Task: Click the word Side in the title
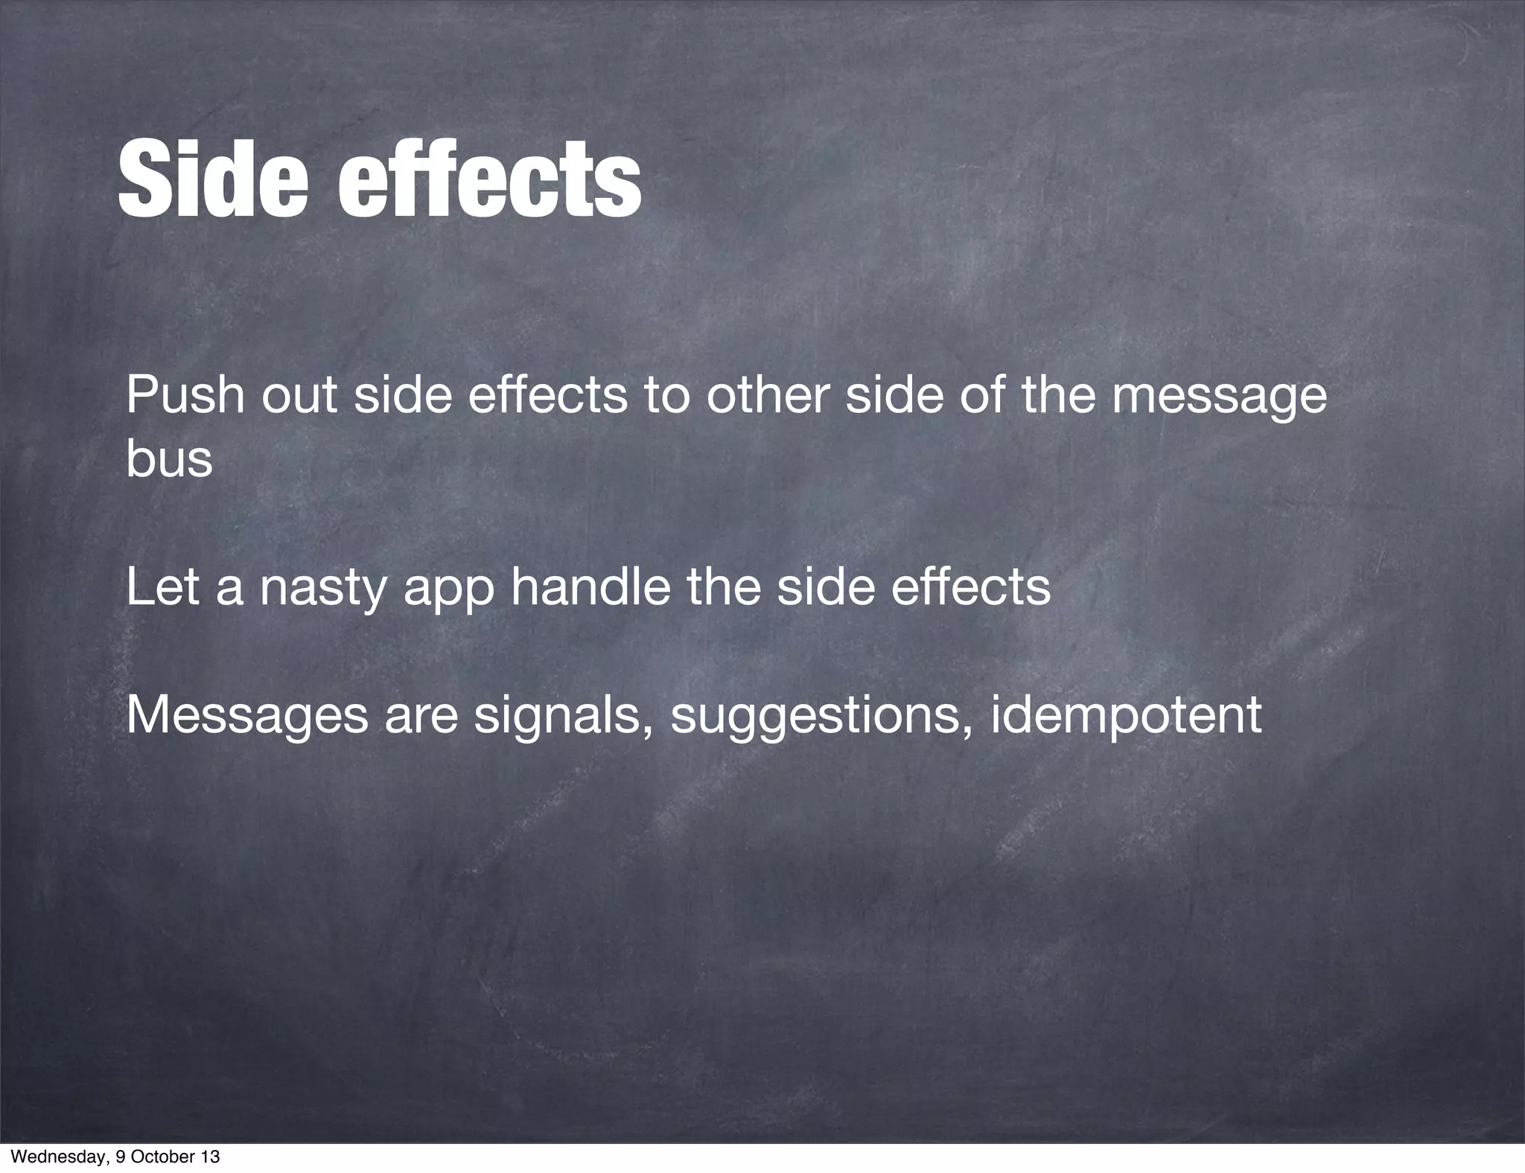click(212, 182)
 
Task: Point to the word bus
click(169, 459)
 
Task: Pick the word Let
click(162, 586)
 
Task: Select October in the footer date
click(161, 1157)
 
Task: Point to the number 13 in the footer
click(211, 1157)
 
